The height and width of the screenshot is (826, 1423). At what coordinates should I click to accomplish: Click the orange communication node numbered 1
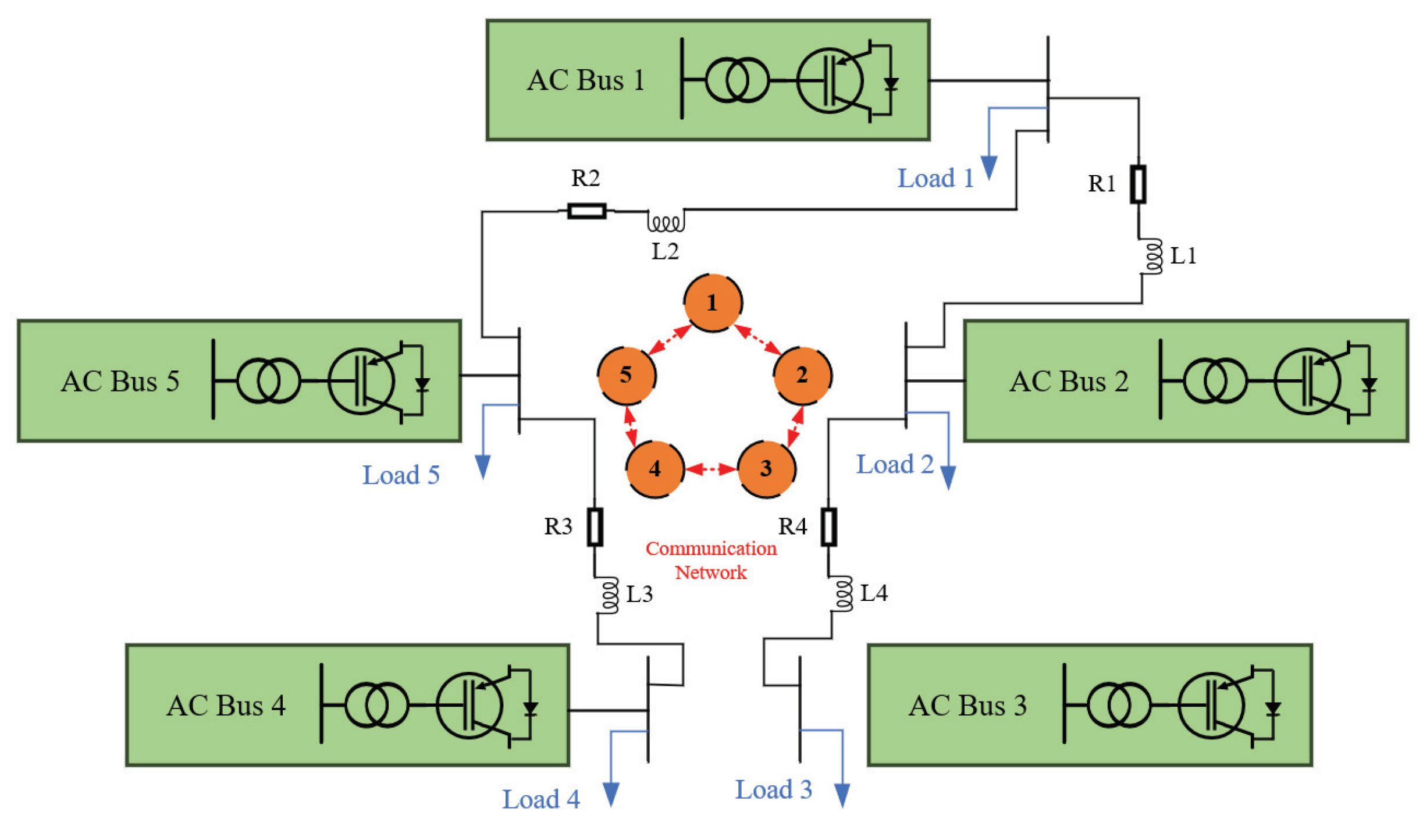click(x=712, y=302)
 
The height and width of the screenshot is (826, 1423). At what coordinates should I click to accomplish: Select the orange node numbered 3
click(x=766, y=468)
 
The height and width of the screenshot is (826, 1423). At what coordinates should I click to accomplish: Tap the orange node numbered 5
click(x=627, y=375)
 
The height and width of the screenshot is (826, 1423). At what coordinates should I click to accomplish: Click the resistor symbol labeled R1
click(x=1138, y=184)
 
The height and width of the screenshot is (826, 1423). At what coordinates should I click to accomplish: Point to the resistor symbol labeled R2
click(x=586, y=211)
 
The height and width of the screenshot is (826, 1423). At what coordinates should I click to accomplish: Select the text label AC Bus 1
click(x=586, y=80)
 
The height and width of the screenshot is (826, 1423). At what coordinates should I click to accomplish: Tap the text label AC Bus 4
click(x=226, y=706)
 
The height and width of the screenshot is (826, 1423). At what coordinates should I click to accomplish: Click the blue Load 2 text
click(x=894, y=464)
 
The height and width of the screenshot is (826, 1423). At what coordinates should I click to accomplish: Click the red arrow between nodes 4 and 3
click(x=711, y=469)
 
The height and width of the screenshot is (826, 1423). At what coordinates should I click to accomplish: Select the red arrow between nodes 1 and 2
click(x=757, y=340)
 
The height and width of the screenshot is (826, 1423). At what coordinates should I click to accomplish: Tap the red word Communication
click(x=711, y=548)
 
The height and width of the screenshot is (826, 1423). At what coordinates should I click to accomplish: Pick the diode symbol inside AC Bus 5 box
click(x=422, y=384)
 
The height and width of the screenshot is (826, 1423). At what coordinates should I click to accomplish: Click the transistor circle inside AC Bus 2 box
click(x=1307, y=381)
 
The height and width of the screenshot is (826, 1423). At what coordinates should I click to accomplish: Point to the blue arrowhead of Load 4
click(x=610, y=794)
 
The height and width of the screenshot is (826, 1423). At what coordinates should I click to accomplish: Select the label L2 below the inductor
click(x=664, y=251)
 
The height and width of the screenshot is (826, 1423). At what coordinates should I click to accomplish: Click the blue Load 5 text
click(x=401, y=475)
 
